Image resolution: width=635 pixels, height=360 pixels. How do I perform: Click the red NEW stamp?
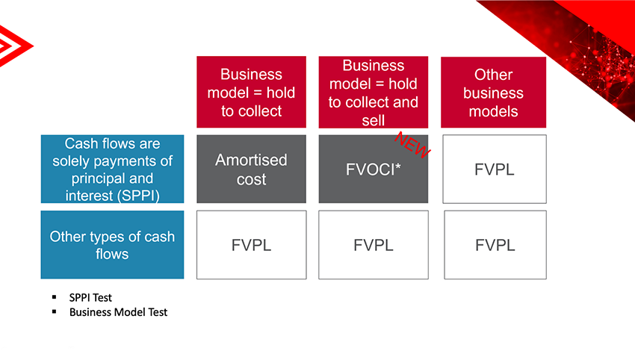point(412,145)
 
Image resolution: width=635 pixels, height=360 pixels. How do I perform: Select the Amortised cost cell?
point(252,169)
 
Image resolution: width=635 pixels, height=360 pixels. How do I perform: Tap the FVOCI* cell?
point(374,169)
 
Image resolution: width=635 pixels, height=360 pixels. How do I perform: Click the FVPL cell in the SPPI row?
point(495,169)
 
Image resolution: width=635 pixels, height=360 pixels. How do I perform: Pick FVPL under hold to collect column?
point(252,244)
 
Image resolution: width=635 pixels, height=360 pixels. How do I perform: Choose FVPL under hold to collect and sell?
point(374,244)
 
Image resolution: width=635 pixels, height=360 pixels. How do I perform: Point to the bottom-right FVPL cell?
point(495,244)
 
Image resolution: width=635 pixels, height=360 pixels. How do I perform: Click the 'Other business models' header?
point(493,93)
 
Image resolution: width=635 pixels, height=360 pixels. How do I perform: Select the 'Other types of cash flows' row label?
point(112,244)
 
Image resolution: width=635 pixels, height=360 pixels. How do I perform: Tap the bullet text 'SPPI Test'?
point(90,298)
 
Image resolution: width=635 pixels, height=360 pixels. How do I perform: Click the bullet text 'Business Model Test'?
point(118,312)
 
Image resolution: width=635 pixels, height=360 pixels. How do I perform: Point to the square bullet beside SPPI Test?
point(55,297)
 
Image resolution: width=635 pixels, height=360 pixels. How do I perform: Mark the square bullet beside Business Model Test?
point(55,311)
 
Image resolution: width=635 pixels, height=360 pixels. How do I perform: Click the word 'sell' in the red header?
point(374,120)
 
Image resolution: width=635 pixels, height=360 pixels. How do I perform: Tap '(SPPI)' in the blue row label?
point(138,196)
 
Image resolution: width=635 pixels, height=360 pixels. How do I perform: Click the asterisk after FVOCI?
point(398,166)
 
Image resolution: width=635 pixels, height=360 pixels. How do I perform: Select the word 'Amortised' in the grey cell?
point(251,160)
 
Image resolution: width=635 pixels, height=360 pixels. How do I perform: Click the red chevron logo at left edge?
point(15,46)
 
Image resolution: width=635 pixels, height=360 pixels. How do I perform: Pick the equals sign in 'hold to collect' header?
point(258,93)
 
